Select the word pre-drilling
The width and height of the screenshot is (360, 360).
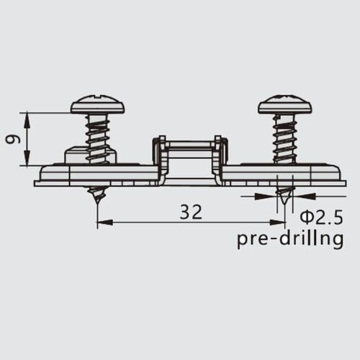pyautogui.click(x=290, y=239)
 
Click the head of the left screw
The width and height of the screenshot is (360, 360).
pyautogui.click(x=98, y=105)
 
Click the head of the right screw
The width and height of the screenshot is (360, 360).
pyautogui.click(x=285, y=105)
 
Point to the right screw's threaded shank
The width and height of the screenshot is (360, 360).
pyautogui.click(x=285, y=137)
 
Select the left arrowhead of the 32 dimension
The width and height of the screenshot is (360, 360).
pyautogui.click(x=103, y=222)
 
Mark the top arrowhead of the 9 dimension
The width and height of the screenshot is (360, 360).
pyautogui.click(x=27, y=117)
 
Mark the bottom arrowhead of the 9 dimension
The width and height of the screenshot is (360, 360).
pyautogui.click(x=27, y=160)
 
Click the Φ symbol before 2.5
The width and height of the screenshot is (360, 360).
pyautogui.click(x=305, y=217)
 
